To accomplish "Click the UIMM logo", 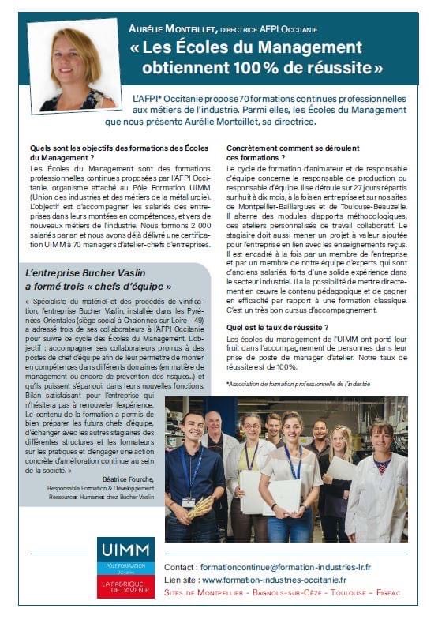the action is click(x=125, y=549).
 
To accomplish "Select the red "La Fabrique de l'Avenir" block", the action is click(x=125, y=589).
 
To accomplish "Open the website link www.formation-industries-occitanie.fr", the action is click(x=285, y=580).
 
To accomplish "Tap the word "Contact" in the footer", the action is click(x=180, y=568).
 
